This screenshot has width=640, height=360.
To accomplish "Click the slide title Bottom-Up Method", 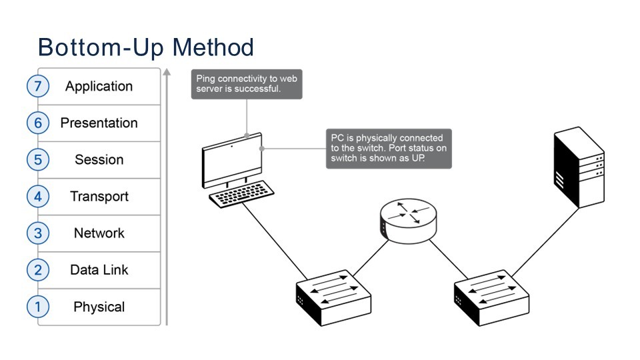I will click(146, 48).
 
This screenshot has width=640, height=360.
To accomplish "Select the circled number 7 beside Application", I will click(38, 87).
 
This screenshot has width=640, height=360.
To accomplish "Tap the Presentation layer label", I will click(99, 123).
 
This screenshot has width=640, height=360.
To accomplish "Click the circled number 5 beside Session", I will click(38, 160).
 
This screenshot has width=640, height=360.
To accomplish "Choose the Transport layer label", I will click(99, 197).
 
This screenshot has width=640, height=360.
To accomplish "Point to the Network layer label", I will click(99, 233).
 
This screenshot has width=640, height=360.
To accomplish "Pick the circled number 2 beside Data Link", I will click(38, 270).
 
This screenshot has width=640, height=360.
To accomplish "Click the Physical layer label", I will click(99, 307).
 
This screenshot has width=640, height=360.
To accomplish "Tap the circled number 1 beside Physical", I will click(38, 307).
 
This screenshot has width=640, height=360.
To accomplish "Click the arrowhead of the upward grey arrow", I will click(167, 71).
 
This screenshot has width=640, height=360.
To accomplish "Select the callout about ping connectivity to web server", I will click(246, 84).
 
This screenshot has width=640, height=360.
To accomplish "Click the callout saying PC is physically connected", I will click(388, 149).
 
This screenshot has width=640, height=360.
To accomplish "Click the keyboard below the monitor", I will click(237, 195).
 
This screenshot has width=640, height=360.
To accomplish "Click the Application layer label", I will click(99, 87).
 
